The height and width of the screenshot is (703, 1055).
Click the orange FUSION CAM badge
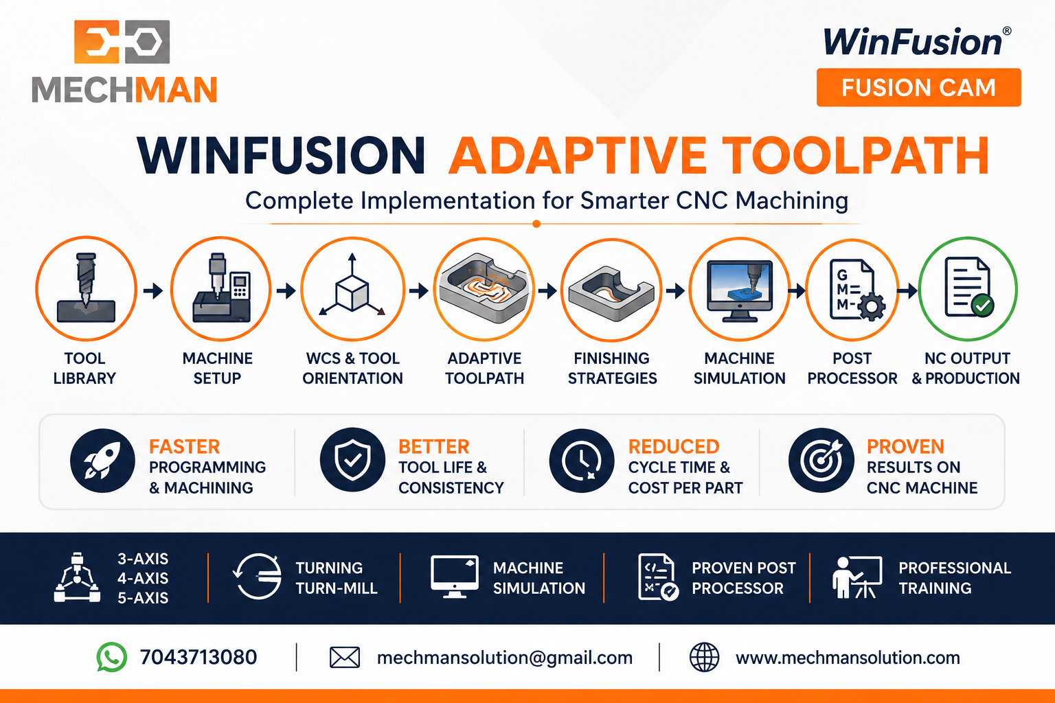(x=918, y=88)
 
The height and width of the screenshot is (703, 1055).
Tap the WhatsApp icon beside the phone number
(x=112, y=657)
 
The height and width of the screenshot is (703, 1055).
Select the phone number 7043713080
(x=198, y=657)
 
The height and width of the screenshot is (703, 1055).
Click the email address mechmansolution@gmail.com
(x=504, y=658)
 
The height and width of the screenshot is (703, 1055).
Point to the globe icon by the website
(x=704, y=657)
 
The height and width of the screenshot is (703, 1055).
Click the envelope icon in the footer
(x=345, y=657)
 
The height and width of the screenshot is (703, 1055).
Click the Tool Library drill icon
(x=86, y=288)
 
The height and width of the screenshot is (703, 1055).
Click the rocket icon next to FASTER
(x=102, y=461)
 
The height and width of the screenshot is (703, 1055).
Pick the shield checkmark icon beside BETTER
(x=352, y=460)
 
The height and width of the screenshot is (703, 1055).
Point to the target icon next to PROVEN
(x=821, y=460)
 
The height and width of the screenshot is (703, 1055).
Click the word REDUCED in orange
(x=674, y=446)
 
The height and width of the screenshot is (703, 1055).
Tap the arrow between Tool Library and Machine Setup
(x=153, y=290)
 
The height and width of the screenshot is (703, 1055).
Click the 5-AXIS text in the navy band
(x=143, y=597)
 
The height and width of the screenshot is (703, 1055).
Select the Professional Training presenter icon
(x=857, y=577)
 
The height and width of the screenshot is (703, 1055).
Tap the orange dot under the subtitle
(x=536, y=224)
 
